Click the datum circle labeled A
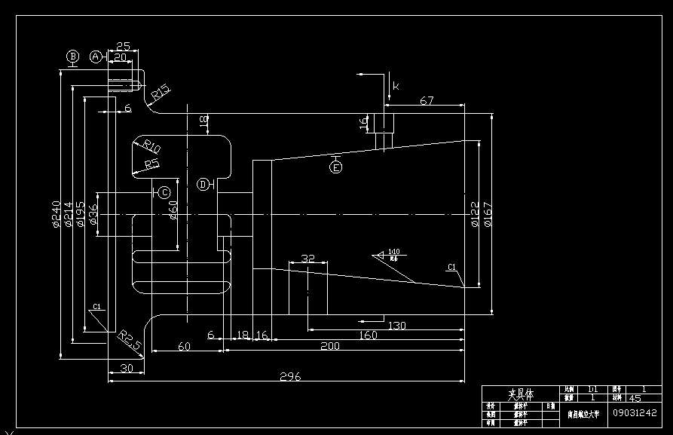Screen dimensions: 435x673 pos(96,57)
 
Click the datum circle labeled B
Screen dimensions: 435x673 pos(73,57)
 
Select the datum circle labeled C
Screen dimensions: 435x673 pos(164,192)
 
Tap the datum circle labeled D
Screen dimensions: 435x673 pos(203,184)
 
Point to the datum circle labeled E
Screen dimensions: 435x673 pos(336,167)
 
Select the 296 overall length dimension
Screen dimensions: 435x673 pos(290,376)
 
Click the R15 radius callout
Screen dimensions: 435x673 pos(160,93)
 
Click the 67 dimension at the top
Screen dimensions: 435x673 pos(427,101)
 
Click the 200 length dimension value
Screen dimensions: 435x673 pos(330,345)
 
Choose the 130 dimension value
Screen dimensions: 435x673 pos(397,326)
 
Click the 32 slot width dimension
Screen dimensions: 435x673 pos(307,258)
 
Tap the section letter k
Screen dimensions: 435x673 pos(396,86)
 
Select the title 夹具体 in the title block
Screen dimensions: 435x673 pos(520,394)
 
